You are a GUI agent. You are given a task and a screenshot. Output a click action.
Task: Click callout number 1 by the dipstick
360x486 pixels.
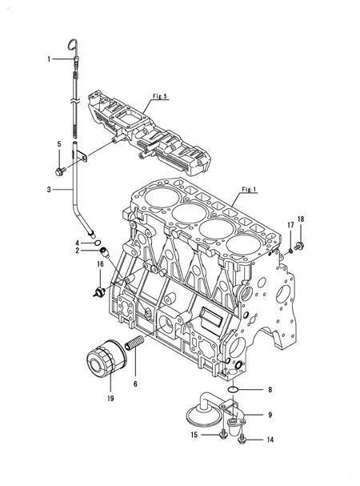click(49, 59)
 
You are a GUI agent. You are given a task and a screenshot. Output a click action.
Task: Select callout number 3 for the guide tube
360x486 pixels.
click(49, 190)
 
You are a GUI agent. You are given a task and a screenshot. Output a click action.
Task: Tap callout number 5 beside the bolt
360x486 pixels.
click(58, 144)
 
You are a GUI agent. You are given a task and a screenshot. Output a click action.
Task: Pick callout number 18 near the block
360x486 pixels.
click(301, 219)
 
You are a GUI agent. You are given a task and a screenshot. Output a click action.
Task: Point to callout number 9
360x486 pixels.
click(270, 415)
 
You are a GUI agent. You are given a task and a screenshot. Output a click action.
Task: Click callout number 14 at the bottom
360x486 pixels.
click(270, 440)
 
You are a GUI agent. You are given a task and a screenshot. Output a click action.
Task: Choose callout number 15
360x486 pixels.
click(194, 435)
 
